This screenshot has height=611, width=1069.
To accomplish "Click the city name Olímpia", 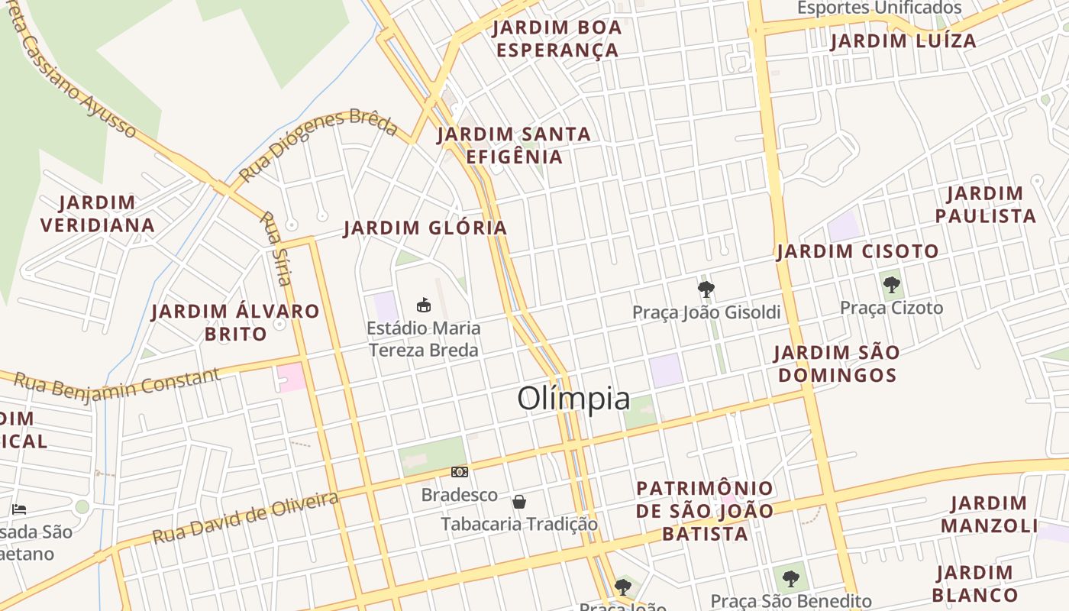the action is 574,399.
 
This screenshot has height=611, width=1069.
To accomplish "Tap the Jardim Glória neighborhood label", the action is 425,228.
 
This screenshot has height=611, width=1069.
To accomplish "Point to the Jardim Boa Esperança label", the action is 557,39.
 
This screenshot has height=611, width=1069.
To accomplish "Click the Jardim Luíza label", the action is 903,41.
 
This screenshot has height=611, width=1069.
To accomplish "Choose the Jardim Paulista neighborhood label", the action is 985,205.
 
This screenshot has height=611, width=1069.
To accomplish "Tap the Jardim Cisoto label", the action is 857,251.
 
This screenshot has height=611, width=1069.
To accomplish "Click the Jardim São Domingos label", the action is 836,364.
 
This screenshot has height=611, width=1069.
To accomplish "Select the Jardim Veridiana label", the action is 98,214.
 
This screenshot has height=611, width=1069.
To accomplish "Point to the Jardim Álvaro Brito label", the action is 235,322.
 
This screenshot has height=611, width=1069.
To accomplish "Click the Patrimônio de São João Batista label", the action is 705,511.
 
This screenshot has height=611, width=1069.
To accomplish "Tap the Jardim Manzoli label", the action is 989,514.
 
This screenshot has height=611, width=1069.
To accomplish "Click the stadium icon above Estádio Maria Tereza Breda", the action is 424,305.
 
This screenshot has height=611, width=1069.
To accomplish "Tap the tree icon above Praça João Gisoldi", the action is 706,289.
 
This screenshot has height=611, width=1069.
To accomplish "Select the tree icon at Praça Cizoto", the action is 891,286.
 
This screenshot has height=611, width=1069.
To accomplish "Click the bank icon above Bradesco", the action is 459,472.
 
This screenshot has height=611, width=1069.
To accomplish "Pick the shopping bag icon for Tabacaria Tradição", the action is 519,502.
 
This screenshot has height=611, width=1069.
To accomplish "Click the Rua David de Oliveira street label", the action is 245,518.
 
